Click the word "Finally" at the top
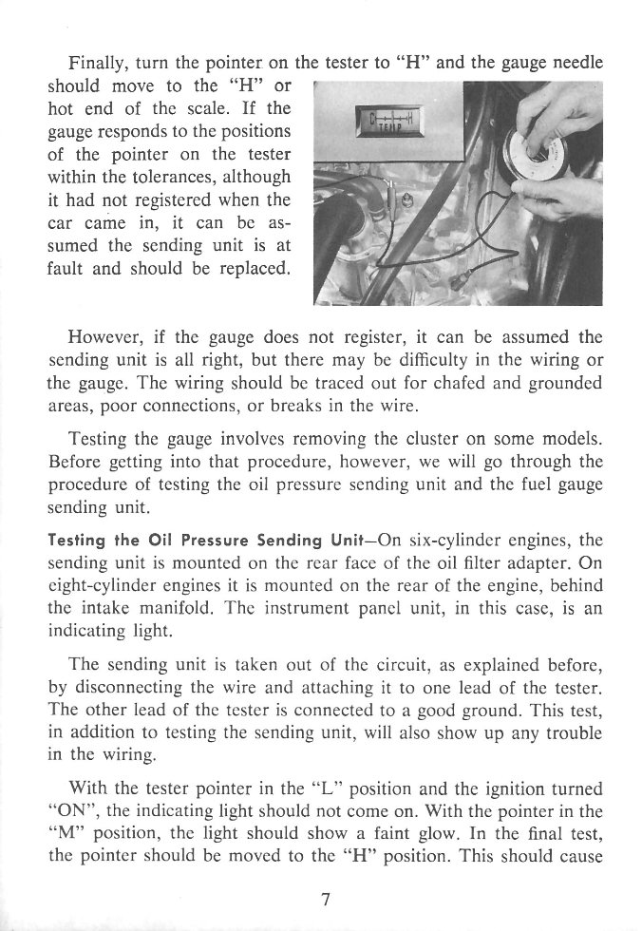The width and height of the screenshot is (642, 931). [x=99, y=64]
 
